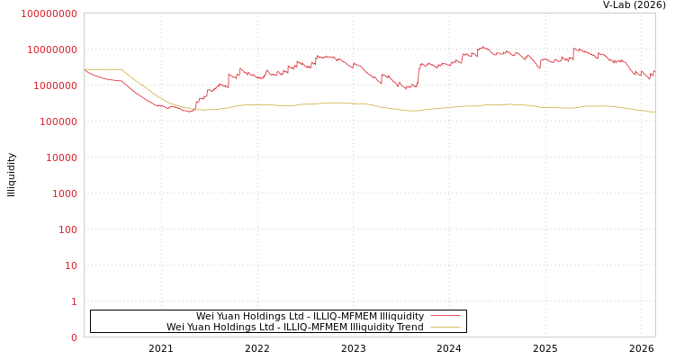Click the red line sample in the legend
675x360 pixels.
click(445, 316)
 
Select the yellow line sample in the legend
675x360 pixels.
click(445, 327)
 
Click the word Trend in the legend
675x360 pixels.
click(409, 327)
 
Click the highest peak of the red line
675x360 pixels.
click(482, 46)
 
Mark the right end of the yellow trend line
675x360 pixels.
click(654, 112)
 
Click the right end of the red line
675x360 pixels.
click(654, 70)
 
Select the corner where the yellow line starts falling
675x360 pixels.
click(121, 69)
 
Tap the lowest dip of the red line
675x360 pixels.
click(188, 111)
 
